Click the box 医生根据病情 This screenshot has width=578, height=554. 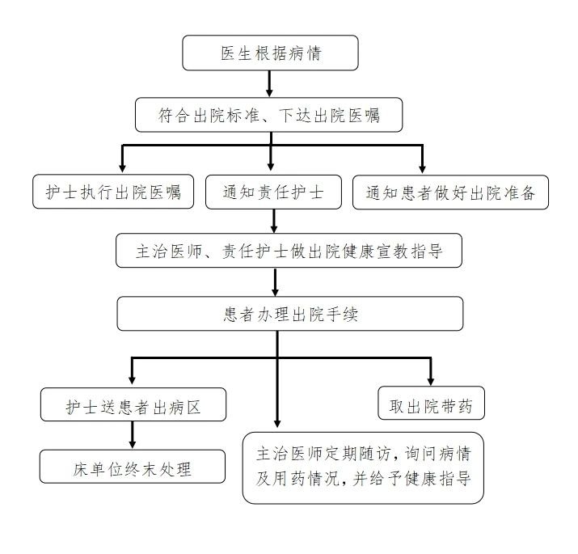click(270, 53)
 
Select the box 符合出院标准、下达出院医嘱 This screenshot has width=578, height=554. click(268, 115)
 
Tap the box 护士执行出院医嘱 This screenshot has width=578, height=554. click(113, 192)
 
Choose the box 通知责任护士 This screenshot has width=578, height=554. click(273, 192)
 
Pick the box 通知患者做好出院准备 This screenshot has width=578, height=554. click(450, 192)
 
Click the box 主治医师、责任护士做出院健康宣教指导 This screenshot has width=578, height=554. click(289, 251)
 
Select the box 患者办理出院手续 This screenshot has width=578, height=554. click(290, 314)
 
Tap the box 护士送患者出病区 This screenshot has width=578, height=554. click(133, 404)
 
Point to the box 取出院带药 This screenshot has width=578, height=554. click(432, 403)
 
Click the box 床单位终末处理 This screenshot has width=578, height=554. click(133, 466)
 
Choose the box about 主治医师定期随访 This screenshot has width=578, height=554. click(363, 467)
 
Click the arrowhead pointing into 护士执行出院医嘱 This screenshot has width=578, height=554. click(122, 168)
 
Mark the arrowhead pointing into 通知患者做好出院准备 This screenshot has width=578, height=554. click(423, 169)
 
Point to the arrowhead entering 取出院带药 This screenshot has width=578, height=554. click(430, 381)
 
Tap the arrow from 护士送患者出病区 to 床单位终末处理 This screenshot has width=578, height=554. click(133, 435)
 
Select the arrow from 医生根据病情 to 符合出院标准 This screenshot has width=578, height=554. click(269, 84)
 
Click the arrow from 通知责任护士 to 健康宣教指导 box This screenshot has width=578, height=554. click(273, 221)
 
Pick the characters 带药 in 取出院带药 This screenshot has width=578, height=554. click(457, 406)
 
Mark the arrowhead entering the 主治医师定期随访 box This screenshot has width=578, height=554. click(277, 423)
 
